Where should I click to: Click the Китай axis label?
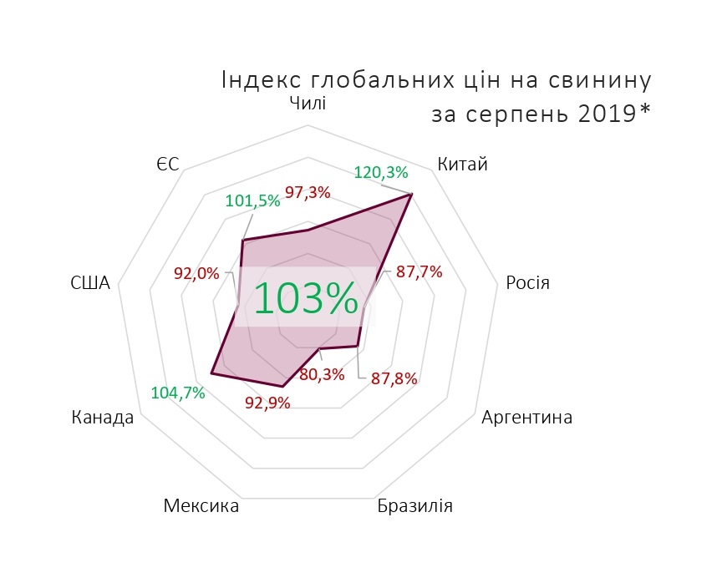462,165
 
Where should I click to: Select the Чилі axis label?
308,103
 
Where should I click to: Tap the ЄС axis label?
167,165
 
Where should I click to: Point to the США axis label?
90,283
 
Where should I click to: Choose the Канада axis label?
103,417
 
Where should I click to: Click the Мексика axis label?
201,506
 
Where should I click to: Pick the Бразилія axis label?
414,506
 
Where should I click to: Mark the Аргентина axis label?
527,417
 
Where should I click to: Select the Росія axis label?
527,282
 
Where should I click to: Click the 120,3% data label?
381,173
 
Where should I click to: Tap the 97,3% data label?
308,193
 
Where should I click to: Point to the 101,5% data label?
252,201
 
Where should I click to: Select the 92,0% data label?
196,272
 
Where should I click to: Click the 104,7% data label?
178,393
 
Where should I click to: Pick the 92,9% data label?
267,403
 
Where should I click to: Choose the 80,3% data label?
322,374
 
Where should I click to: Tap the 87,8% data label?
394,378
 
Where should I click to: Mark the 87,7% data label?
419,271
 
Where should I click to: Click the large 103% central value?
305,298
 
